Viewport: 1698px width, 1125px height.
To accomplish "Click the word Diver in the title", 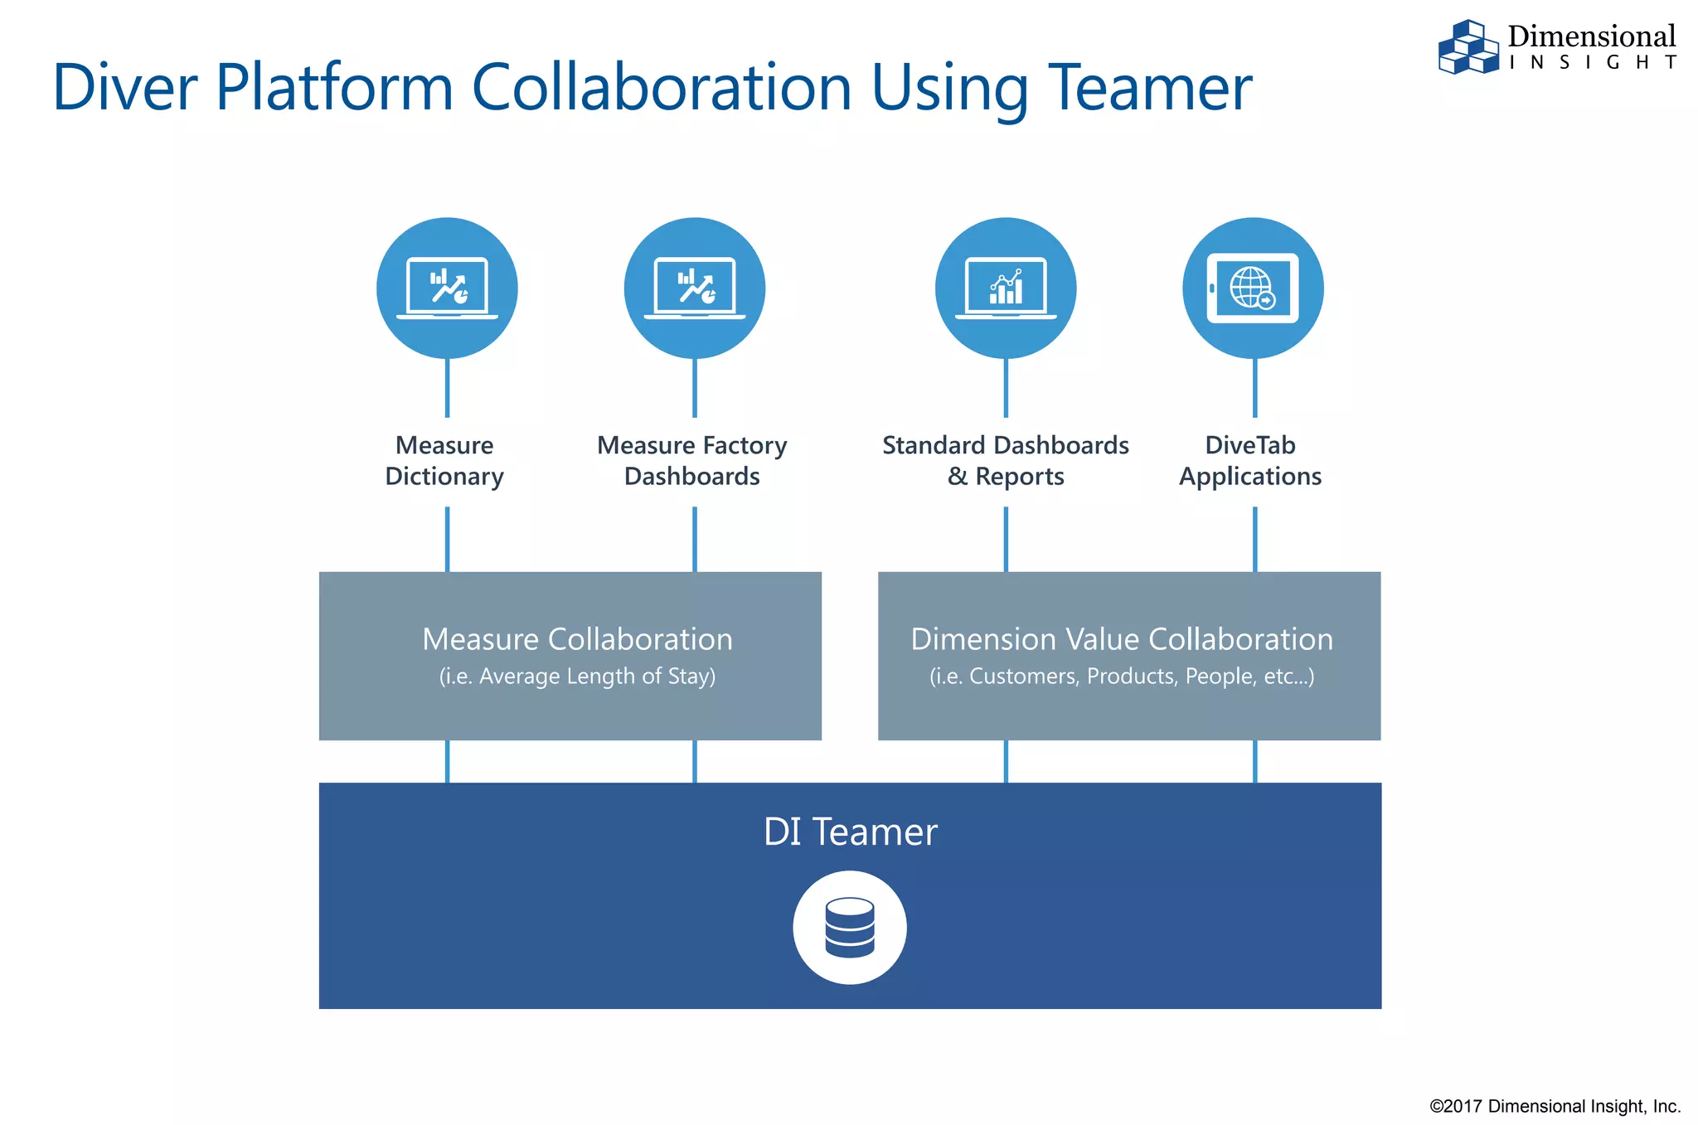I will pos(125,88).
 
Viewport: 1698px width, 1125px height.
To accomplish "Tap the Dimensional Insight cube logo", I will pos(1468,47).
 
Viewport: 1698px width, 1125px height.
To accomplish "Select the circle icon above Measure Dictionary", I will pos(447,288).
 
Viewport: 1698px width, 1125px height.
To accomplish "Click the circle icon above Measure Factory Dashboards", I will pos(695,288).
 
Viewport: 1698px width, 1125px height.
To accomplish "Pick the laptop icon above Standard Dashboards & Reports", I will pos(1006,288).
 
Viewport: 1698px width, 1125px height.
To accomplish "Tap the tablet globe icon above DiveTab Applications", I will pos(1253,288).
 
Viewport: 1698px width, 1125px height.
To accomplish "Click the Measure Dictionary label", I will pos(444,461).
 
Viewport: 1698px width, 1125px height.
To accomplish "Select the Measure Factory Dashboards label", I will pos(692,461).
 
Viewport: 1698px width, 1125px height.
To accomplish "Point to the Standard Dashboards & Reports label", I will pos(1006,461).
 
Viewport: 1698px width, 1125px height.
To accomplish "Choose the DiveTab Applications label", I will pos(1250,461).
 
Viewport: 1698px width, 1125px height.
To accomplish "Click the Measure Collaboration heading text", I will pos(577,639).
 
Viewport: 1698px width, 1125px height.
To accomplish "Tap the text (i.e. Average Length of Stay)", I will pos(577,676).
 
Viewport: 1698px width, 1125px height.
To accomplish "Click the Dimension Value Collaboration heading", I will pos(1122,639).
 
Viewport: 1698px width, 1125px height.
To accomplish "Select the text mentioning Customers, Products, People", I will pos(1122,676).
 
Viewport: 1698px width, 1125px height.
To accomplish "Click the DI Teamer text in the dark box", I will pos(850,832).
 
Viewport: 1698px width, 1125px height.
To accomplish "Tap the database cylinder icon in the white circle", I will pos(850,928).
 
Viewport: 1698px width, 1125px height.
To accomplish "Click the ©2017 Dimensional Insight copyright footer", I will pos(1555,1106).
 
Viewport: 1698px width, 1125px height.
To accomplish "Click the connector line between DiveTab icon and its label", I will pos(1254,388).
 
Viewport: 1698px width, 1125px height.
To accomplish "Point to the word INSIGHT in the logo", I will pos(1592,63).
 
